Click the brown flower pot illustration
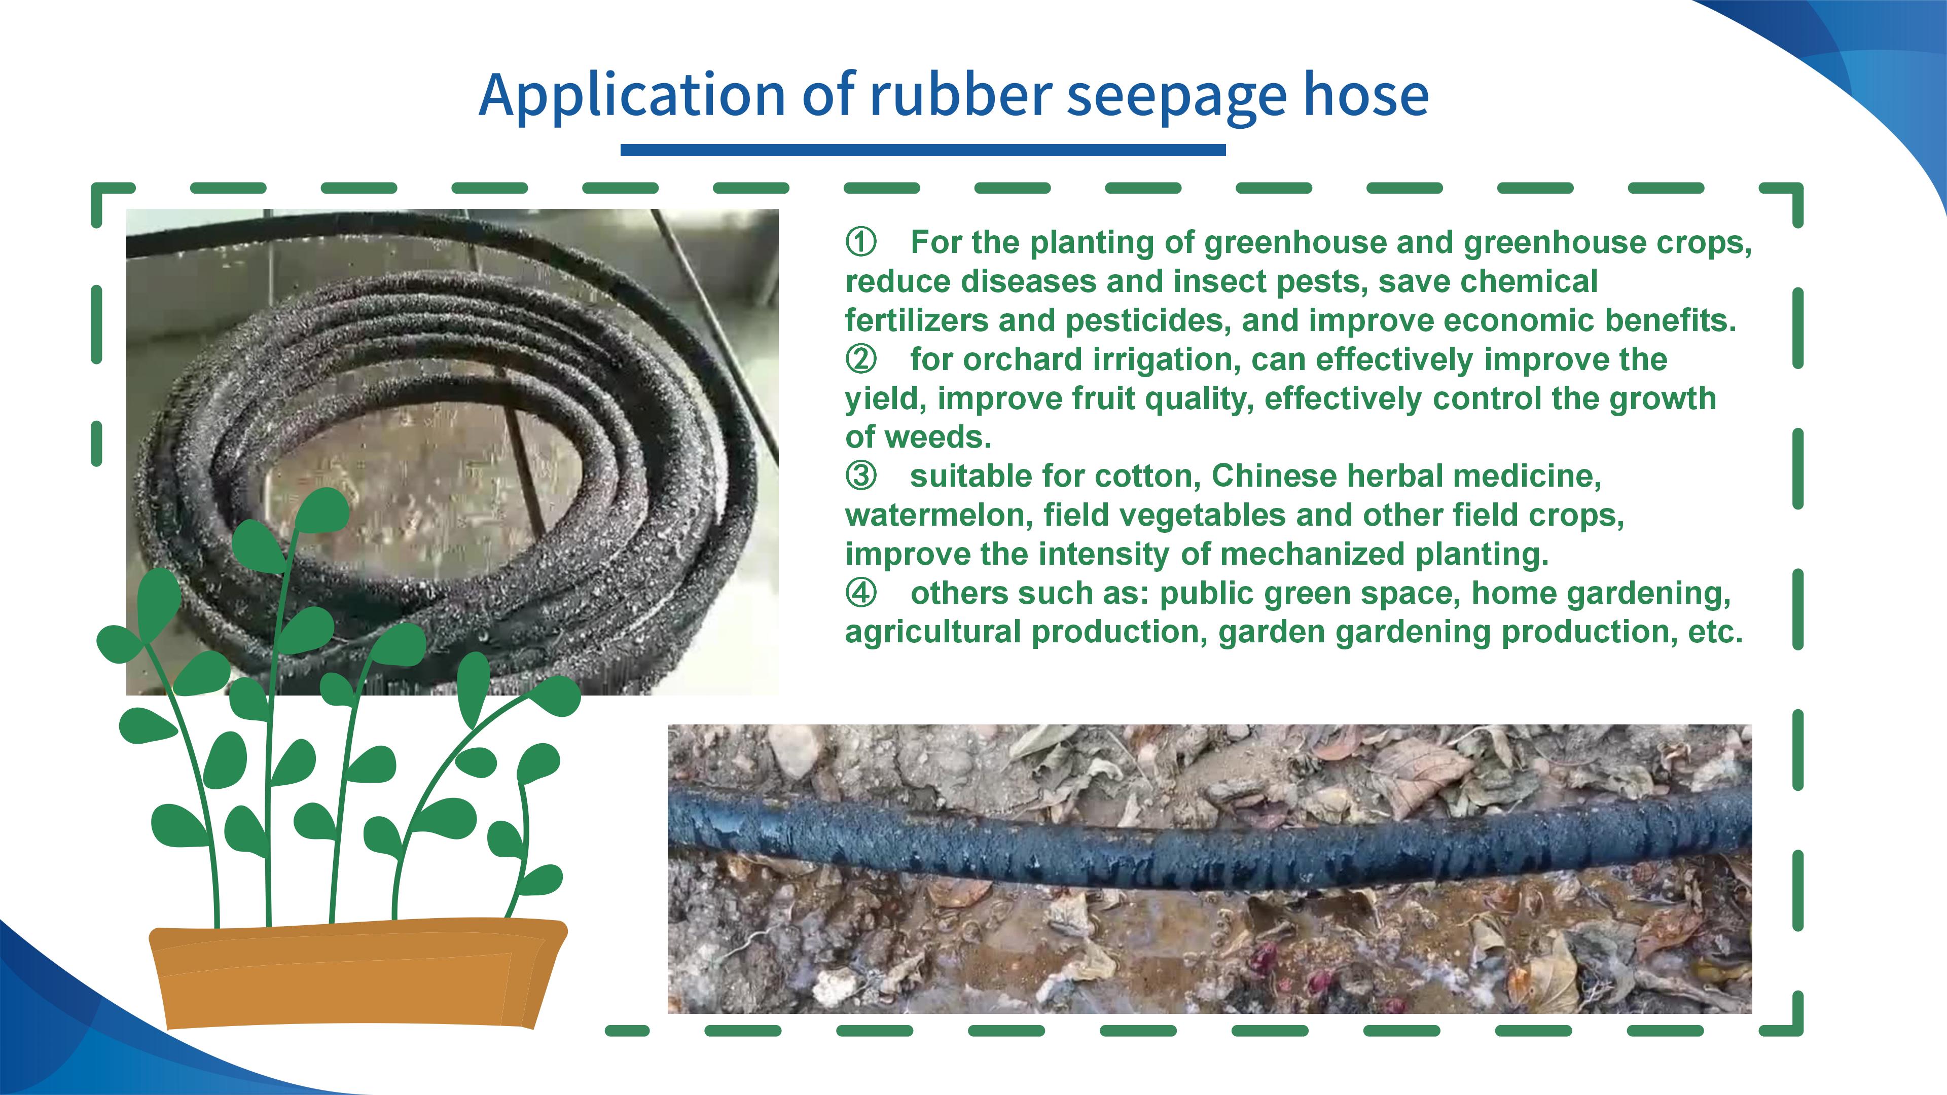coord(357,973)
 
